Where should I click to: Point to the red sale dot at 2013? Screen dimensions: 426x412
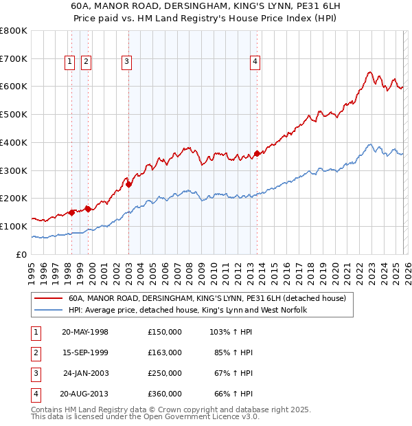click(257, 153)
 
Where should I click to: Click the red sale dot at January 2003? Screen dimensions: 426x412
click(129, 183)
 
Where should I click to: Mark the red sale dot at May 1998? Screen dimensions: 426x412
click(72, 212)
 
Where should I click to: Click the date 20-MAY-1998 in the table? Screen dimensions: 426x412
click(85, 332)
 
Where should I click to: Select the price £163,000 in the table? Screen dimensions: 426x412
click(165, 352)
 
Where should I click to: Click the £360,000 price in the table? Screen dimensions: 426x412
click(165, 394)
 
